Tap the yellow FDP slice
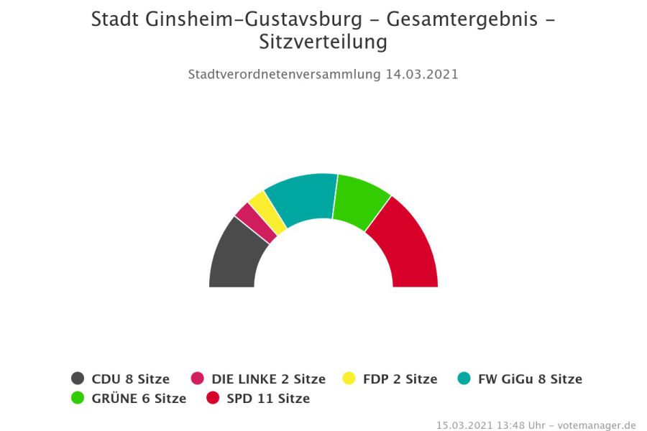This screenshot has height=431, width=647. click(267, 211)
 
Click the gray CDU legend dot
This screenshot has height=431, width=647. click(78, 379)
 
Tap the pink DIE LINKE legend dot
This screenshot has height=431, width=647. click(198, 379)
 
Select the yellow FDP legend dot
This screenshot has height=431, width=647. click(349, 379)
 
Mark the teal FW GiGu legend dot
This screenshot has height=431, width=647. click(464, 379)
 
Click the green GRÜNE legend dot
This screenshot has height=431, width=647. click(78, 398)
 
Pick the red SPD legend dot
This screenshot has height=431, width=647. click(212, 398)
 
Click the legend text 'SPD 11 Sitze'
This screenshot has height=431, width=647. click(268, 398)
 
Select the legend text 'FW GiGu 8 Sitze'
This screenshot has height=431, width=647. click(530, 379)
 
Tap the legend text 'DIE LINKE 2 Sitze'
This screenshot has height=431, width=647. click(268, 379)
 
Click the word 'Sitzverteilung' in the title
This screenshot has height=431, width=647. click(323, 42)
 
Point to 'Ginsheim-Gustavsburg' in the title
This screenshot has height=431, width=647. click(254, 19)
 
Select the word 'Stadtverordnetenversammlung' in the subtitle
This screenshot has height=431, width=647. click(283, 74)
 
